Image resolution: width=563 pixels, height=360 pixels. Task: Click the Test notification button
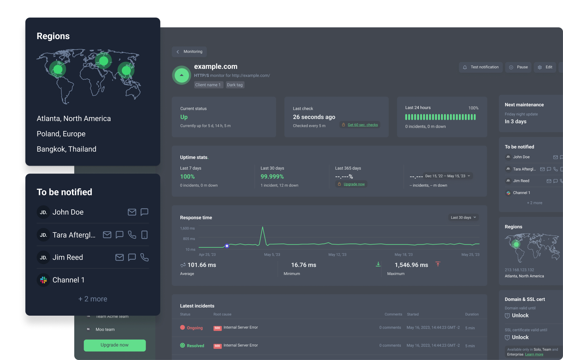pyautogui.click(x=481, y=67)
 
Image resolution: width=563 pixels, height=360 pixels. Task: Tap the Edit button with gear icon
pyautogui.click(x=545, y=67)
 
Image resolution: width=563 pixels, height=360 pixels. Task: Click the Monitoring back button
pyautogui.click(x=189, y=52)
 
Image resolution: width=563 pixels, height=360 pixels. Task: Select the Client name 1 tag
pyautogui.click(x=208, y=85)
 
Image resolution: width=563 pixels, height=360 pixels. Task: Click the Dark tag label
pyautogui.click(x=235, y=85)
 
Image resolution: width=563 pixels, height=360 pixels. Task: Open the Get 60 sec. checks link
pyautogui.click(x=363, y=125)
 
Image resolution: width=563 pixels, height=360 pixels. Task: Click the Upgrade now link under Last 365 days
pyautogui.click(x=354, y=184)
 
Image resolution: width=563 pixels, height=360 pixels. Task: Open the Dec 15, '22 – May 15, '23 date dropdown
pyautogui.click(x=448, y=176)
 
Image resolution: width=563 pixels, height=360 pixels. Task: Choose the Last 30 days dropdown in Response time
pyautogui.click(x=463, y=217)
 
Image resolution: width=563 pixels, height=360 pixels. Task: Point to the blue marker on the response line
pyautogui.click(x=227, y=246)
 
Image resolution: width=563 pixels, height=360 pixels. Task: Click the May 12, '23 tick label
pyautogui.click(x=337, y=255)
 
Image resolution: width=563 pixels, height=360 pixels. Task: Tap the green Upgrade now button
pyautogui.click(x=115, y=345)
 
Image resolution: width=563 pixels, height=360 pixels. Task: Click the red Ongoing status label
pyautogui.click(x=195, y=328)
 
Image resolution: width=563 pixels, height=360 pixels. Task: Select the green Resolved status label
pyautogui.click(x=195, y=346)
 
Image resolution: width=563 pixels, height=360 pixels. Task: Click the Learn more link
pyautogui.click(x=534, y=354)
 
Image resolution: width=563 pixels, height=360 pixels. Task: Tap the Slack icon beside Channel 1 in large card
pyautogui.click(x=43, y=280)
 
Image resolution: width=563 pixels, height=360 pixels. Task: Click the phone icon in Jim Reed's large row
pyautogui.click(x=144, y=257)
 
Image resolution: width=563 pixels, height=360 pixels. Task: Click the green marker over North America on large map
pyautogui.click(x=58, y=69)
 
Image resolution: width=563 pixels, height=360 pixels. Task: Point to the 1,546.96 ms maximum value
pyautogui.click(x=411, y=265)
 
